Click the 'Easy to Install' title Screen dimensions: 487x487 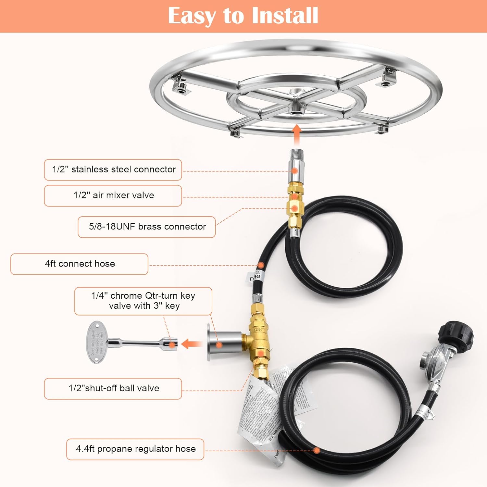point(243,16)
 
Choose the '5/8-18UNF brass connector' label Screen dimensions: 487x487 point(147,227)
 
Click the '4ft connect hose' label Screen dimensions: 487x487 point(80,264)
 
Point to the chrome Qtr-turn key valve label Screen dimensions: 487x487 point(143,301)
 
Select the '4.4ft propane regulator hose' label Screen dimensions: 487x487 point(135,449)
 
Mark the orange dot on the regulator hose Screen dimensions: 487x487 point(317,450)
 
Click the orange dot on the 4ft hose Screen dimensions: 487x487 point(261,265)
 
